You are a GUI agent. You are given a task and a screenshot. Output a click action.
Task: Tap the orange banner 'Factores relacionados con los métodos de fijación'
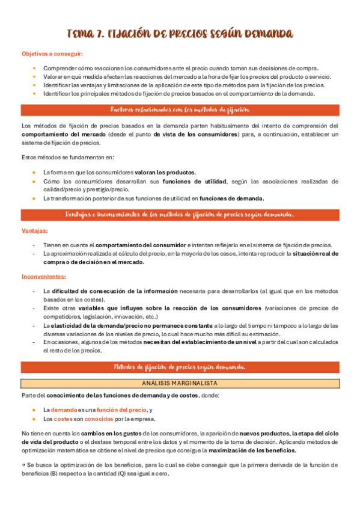click(180, 109)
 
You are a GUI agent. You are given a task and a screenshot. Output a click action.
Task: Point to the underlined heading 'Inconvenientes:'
click(43, 277)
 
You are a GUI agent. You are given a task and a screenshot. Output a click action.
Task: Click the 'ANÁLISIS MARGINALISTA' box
click(180, 382)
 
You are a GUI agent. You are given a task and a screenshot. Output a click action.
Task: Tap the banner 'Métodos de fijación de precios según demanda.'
click(180, 367)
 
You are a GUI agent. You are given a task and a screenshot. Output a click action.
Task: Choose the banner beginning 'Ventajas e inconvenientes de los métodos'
click(180, 215)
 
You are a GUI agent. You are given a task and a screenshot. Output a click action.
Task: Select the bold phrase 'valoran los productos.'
click(165, 172)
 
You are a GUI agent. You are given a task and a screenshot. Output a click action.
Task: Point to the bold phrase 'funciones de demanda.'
click(232, 198)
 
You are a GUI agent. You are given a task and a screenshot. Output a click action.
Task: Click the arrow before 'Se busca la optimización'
click(23, 465)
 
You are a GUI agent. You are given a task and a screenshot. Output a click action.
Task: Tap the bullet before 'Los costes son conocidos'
click(34, 419)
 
